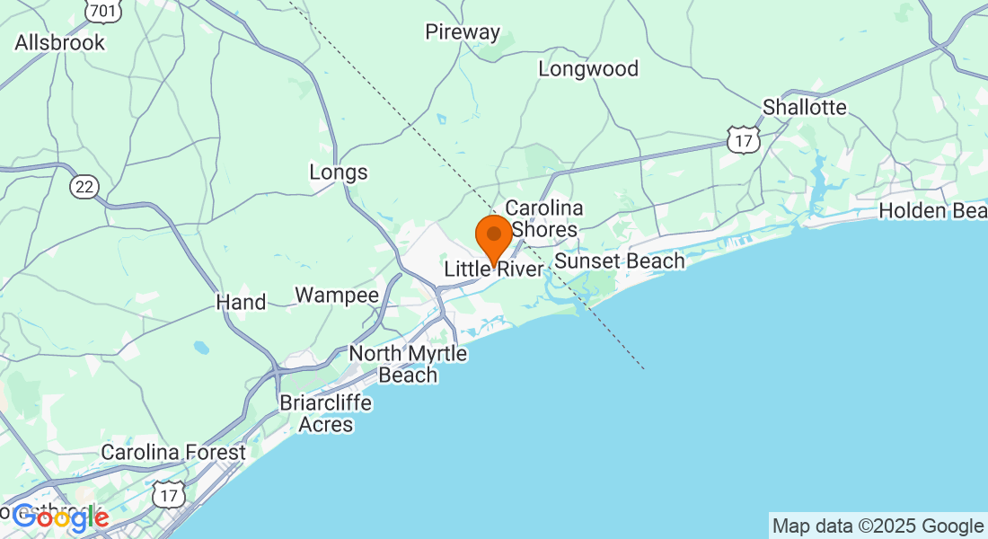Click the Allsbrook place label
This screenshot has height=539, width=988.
point(59,42)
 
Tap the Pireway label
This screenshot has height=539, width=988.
point(463,32)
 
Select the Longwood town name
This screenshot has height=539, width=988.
point(588,69)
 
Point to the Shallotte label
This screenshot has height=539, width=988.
point(804,108)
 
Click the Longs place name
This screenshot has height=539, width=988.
point(339,172)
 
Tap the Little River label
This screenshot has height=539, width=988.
point(494,270)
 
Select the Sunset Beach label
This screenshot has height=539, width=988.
point(620,261)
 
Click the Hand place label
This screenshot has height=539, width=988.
point(241,303)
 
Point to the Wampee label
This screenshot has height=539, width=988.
point(337,296)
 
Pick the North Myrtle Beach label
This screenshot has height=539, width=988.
point(409,364)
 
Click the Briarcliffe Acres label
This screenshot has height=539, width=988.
point(325,413)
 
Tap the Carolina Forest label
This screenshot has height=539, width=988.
point(173,453)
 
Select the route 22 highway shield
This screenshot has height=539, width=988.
point(84,186)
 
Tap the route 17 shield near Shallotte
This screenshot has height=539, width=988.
point(745,138)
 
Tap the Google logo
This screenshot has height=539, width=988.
point(61,517)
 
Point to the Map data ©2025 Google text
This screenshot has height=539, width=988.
point(878,526)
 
